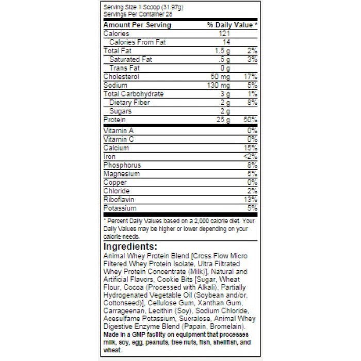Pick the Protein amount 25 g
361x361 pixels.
(x=224, y=120)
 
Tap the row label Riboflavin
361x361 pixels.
(x=119, y=200)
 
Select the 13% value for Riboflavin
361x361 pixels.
(x=251, y=200)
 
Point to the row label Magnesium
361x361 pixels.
(x=122, y=174)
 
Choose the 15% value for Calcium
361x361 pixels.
(x=251, y=147)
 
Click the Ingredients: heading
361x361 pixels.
(x=130, y=247)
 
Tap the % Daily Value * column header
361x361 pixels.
(x=232, y=25)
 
